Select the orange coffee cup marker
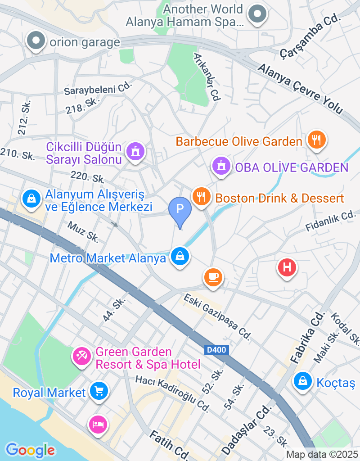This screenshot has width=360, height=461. coord(213,276)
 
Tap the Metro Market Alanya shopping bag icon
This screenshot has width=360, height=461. coord(180,257)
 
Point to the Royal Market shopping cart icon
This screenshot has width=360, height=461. coord(99,390)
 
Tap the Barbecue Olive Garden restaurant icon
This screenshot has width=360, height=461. coord(316,140)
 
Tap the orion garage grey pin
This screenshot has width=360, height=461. coord(36,41)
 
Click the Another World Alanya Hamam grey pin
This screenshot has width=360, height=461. coord(257,14)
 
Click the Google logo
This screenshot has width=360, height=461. coord(30,450)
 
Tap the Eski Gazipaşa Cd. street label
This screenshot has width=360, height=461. coord(217,316)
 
